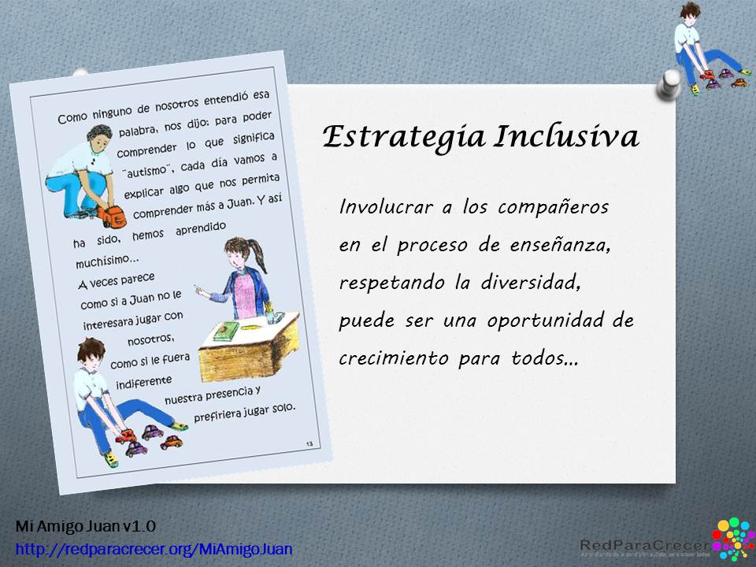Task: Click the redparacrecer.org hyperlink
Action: click(x=154, y=548)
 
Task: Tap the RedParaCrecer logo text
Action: click(x=643, y=544)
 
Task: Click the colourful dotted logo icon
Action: click(x=732, y=539)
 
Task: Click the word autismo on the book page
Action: click(x=144, y=170)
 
